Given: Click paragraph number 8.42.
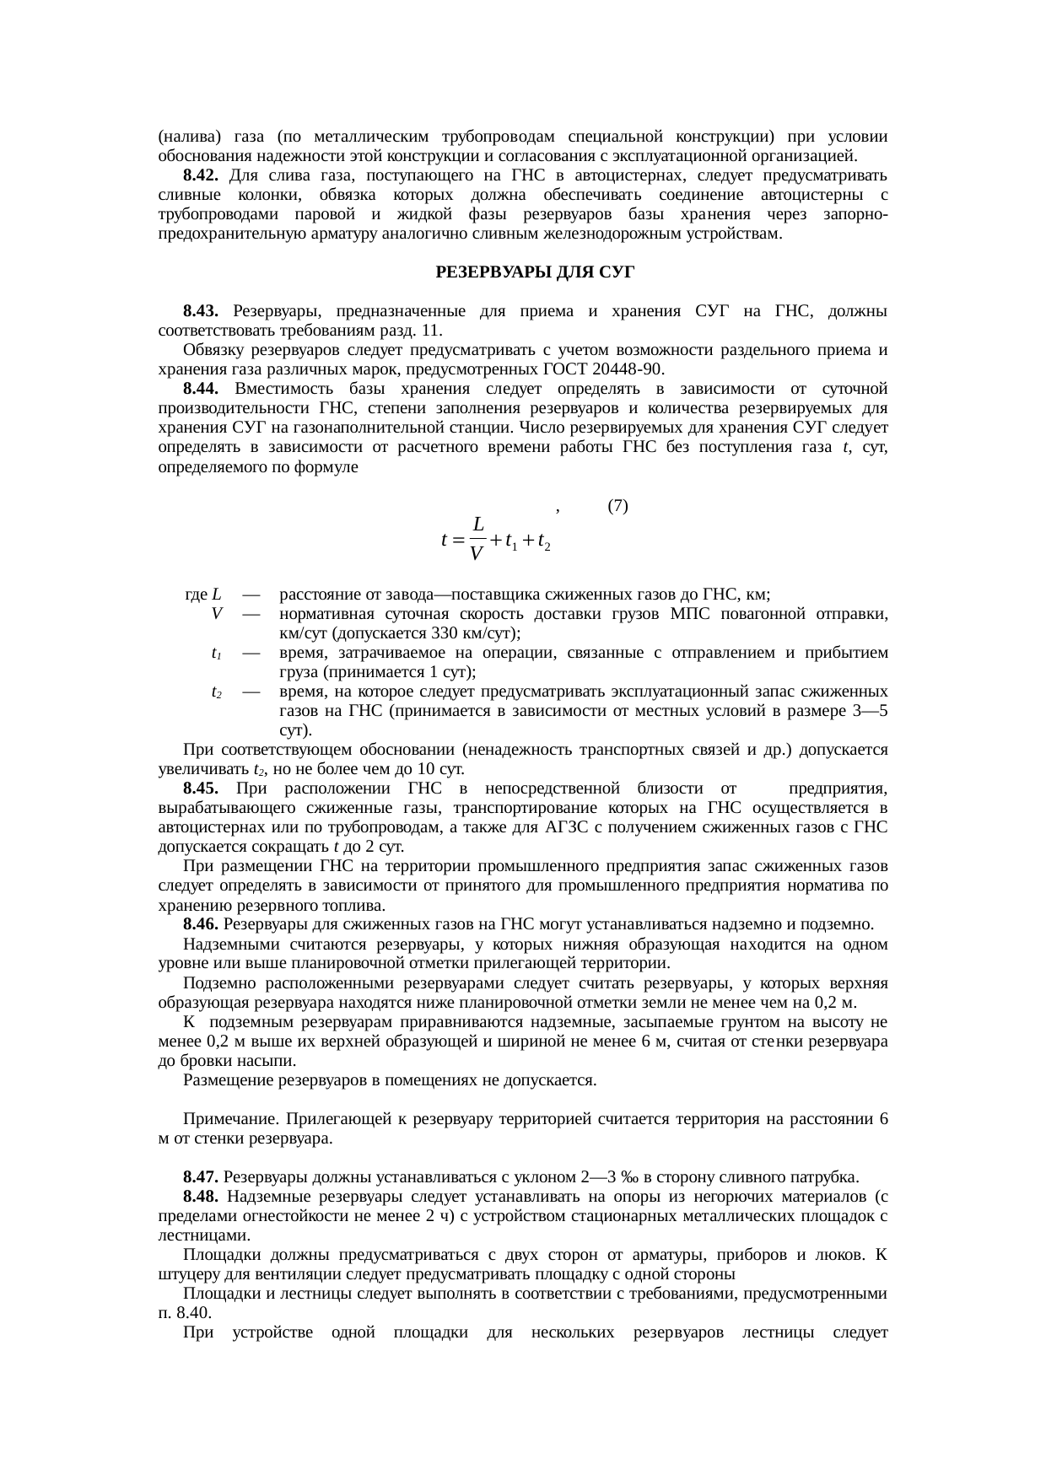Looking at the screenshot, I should point(201,175).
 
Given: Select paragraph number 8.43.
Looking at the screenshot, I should point(201,311).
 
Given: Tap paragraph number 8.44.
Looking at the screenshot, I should point(201,389).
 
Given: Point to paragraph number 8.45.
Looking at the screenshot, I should point(201,788).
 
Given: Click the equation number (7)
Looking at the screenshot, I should point(617,506).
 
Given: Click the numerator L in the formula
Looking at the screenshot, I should point(477,524).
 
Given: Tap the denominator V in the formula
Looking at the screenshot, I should point(477,554).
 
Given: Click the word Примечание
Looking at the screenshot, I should point(232,1119).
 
